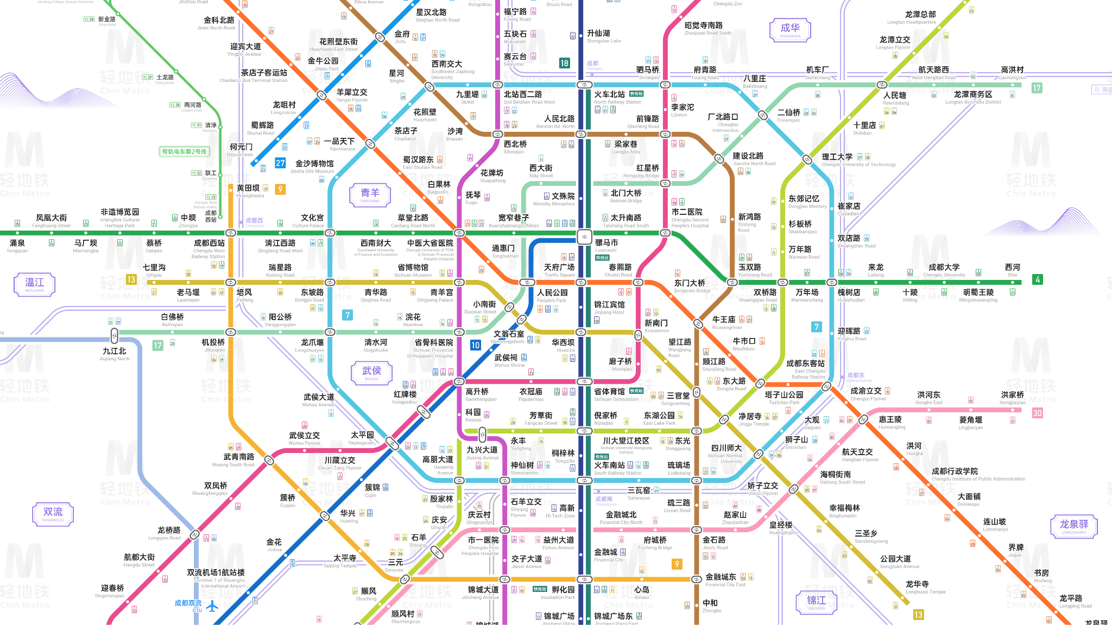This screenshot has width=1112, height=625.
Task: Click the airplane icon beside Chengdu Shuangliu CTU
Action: coord(212,606)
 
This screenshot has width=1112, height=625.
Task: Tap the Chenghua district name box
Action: coord(790,30)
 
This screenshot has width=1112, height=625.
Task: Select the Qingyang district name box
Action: coord(370,195)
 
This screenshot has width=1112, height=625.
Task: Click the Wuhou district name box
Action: coord(371,373)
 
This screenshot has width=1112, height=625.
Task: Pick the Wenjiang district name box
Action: coord(34,284)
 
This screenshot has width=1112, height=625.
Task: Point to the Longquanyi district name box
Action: coord(1074,526)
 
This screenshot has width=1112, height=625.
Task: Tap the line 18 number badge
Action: coord(565,63)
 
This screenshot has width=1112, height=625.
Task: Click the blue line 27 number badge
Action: coord(280,163)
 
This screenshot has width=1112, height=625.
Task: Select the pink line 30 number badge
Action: coord(1037,413)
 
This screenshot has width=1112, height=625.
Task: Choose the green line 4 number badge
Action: coord(1038,279)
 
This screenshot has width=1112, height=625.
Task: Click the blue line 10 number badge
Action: coord(476,345)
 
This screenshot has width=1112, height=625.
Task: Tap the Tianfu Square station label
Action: coord(559,270)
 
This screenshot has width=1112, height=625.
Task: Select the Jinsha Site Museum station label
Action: coord(314,166)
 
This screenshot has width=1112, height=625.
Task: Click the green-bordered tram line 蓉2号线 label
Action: coord(185,151)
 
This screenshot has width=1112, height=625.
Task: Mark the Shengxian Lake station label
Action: coord(603,36)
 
